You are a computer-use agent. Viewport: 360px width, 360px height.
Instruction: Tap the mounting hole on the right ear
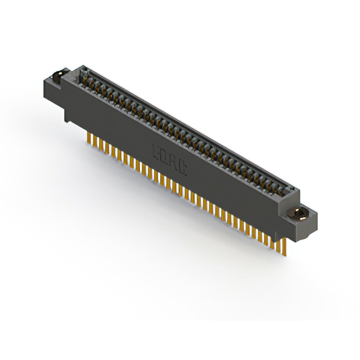tap(300, 213)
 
